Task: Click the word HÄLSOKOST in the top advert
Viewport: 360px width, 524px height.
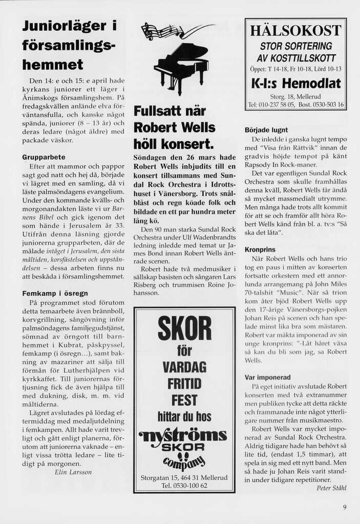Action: point(295,30)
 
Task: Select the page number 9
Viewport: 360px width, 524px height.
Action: point(345,508)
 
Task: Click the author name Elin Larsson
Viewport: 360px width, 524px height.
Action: point(73,472)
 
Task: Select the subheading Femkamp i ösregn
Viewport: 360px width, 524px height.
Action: point(55,293)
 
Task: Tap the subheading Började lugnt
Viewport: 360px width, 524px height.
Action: point(266,130)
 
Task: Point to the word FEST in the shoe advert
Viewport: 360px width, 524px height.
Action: point(184,399)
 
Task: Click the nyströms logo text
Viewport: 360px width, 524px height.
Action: point(184,435)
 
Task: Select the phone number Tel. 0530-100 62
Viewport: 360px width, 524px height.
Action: point(184,486)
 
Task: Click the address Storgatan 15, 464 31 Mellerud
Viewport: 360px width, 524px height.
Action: point(184,477)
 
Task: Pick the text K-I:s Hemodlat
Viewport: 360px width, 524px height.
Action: point(295,83)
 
